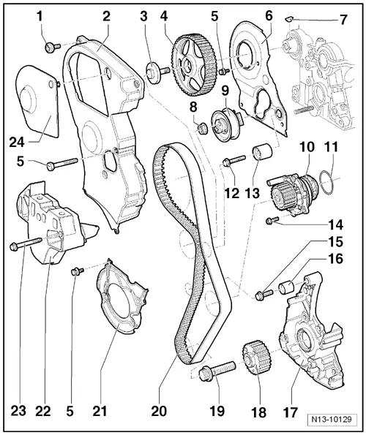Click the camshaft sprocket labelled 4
(193, 65)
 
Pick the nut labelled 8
(203, 128)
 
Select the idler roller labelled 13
(262, 152)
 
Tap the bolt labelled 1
(52, 47)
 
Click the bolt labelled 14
(272, 220)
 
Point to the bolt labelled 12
(234, 161)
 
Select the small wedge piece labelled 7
(288, 19)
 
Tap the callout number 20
(159, 411)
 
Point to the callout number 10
(306, 147)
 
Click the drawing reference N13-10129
(332, 419)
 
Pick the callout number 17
(290, 412)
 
